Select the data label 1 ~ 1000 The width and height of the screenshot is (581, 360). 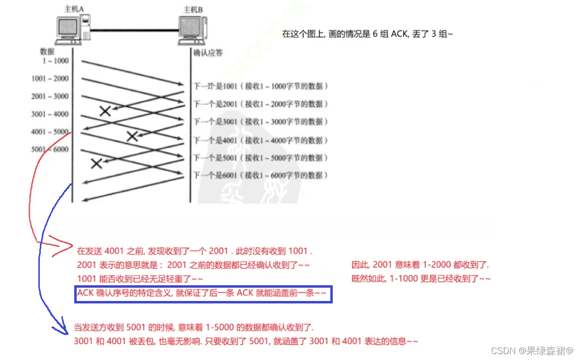pos(55,61)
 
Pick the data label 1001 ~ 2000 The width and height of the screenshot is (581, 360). pos(50,79)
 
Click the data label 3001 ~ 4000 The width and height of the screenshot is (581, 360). pos(50,114)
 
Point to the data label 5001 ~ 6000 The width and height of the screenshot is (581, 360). pos(50,150)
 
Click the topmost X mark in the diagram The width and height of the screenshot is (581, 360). pos(105,111)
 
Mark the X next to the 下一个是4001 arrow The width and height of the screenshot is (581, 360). pos(132,136)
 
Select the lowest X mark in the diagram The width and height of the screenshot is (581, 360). pos(96,163)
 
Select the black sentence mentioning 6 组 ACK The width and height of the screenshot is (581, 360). pos(367,34)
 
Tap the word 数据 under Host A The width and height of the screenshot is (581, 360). pos(47,51)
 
